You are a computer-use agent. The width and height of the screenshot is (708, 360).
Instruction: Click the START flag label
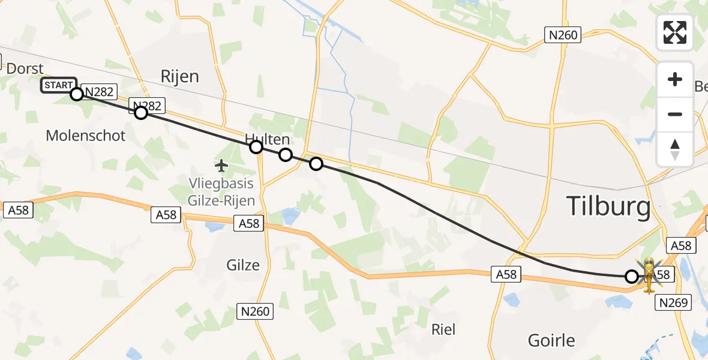click(58, 85)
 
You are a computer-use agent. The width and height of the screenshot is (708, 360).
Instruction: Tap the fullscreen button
click(675, 32)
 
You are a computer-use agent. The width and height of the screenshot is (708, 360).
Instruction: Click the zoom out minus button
click(675, 114)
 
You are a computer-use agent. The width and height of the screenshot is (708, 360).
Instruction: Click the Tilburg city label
click(608, 207)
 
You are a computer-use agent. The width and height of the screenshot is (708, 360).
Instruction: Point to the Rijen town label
click(179, 76)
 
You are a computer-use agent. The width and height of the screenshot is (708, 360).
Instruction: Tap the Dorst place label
click(25, 68)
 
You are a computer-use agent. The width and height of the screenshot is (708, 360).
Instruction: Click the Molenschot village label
click(86, 136)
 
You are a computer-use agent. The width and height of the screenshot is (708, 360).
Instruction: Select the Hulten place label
click(267, 139)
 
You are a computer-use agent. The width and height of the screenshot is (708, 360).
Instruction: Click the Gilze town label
click(243, 265)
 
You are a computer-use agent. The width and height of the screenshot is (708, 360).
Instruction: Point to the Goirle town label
click(551, 340)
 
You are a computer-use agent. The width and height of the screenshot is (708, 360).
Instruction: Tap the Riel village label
click(443, 329)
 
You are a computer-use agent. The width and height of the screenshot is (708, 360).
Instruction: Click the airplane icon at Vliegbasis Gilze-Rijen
click(221, 164)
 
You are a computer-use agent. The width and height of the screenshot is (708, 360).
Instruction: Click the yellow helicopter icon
click(650, 275)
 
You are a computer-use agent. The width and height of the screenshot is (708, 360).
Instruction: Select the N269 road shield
click(675, 303)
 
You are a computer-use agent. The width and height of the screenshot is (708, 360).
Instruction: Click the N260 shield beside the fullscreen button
click(563, 35)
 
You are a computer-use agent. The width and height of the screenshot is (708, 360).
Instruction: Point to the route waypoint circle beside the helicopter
click(631, 277)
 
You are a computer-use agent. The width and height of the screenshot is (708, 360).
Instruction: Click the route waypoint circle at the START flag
click(76, 94)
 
